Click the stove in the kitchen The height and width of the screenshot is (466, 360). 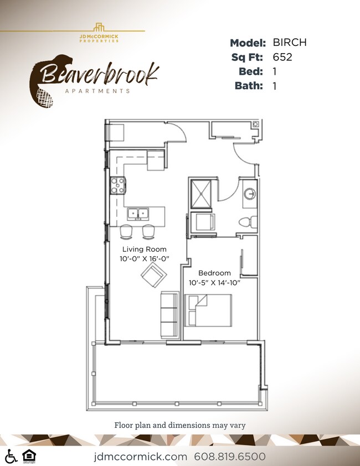click(x=117, y=185)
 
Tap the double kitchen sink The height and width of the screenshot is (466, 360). click(x=139, y=214)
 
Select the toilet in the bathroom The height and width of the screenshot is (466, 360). click(x=245, y=222)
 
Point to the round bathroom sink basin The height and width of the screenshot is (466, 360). click(x=250, y=194)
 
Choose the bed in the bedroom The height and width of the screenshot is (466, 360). click(x=208, y=310)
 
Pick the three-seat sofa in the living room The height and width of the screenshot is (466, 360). click(x=168, y=315)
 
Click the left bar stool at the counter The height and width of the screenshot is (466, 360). click(x=127, y=231)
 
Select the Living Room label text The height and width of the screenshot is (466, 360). click(x=144, y=249)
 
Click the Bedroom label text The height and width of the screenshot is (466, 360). click(x=214, y=273)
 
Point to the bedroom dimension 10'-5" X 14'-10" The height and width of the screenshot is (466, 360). click(x=214, y=283)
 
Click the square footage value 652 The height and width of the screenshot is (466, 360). click(x=282, y=57)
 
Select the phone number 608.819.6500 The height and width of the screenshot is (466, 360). click(x=230, y=457)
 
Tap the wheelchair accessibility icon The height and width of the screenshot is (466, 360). click(x=10, y=456)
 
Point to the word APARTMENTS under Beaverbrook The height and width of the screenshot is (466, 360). click(x=98, y=90)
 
